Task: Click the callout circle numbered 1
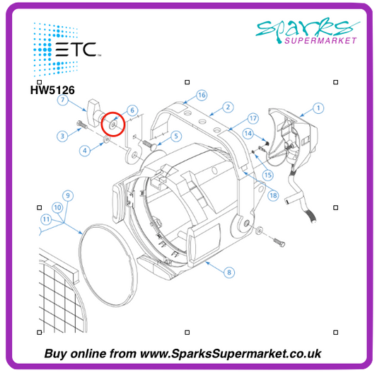point(318,108)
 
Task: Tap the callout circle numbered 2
point(228,107)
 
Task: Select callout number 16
point(202,96)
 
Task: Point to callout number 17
point(253,118)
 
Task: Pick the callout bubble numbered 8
point(229,272)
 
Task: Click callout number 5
point(176,136)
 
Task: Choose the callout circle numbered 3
point(62,136)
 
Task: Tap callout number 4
point(85,151)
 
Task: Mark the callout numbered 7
point(63,100)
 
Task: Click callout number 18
point(273,195)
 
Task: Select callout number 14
point(248,134)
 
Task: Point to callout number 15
point(268,175)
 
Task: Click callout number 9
point(68,195)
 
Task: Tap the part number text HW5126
point(52,90)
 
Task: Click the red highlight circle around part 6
point(113,125)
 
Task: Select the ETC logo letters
point(76,50)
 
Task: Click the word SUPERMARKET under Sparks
point(320,40)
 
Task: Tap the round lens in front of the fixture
point(108,265)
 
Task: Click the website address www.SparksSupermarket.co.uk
point(231,354)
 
